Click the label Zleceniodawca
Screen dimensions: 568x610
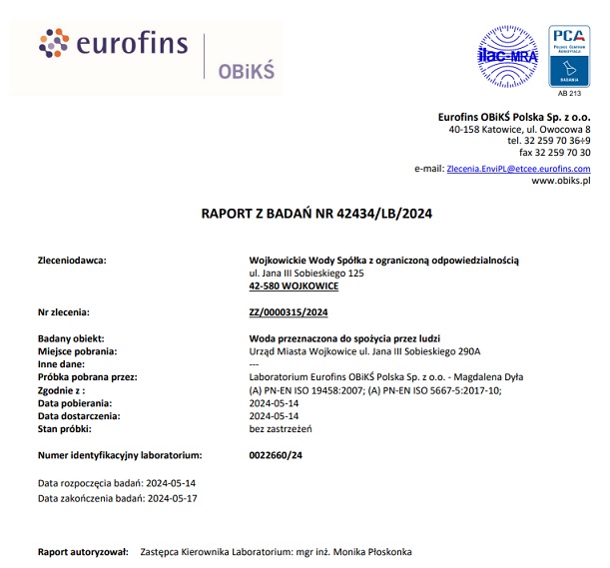pyautogui.click(x=71, y=260)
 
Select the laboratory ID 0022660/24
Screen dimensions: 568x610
pyautogui.click(x=275, y=455)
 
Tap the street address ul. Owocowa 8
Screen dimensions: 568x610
pyautogui.click(x=558, y=130)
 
